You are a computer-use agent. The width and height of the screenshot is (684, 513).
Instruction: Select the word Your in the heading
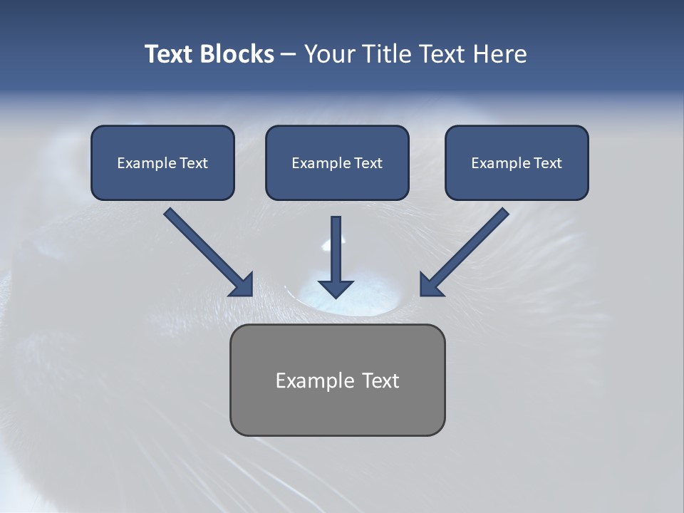point(329,54)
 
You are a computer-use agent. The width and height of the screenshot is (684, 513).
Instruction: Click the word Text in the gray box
point(380,380)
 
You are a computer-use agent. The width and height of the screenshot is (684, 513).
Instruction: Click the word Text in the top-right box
point(547,163)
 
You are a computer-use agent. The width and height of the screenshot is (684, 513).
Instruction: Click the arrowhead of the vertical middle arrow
point(336,289)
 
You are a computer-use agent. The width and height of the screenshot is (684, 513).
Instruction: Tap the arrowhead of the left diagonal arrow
point(243,285)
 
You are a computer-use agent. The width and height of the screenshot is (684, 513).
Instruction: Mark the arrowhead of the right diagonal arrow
point(430,285)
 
